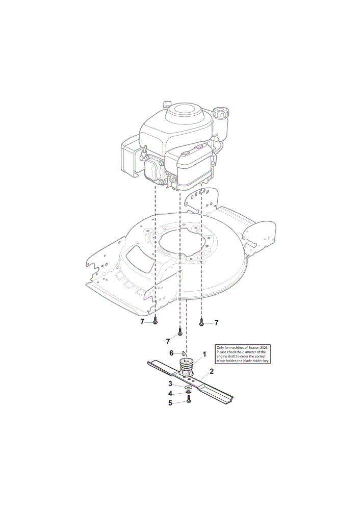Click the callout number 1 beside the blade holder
tap(204, 354)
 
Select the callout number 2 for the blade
tap(212, 371)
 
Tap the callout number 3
tap(170, 384)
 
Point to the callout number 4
tap(170, 394)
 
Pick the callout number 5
tap(170, 403)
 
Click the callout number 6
tap(171, 353)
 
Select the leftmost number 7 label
tap(142, 322)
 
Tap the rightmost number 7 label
tap(216, 322)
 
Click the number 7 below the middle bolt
tap(168, 341)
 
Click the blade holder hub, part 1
tap(186, 367)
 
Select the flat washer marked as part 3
tap(188, 388)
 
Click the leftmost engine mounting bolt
tap(155, 320)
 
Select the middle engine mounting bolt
tap(180, 332)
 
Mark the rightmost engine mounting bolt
tap(201, 322)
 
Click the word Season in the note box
tap(253, 348)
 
